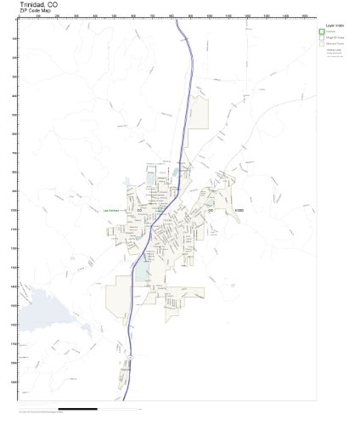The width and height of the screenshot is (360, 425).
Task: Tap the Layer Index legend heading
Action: [332, 25]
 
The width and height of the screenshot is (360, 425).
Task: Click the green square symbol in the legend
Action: [322, 32]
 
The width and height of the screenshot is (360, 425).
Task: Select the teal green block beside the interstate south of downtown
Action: [142, 271]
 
